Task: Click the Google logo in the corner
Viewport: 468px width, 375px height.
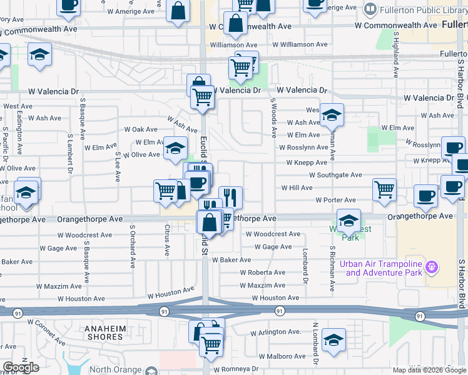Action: point(21,367)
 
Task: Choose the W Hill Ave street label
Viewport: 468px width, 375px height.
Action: point(297,187)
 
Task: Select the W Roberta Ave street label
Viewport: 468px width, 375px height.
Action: point(263,272)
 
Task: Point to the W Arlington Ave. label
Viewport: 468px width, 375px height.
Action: point(277,331)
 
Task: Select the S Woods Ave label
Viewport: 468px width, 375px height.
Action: point(273,117)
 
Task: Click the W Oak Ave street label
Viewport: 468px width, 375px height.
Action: point(141,129)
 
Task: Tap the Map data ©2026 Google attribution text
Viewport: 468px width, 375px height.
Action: point(429,370)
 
